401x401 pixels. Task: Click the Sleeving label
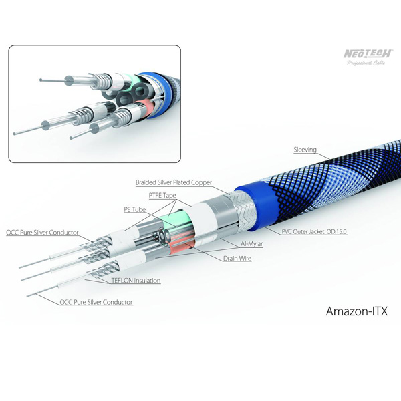pyautogui.click(x=305, y=150)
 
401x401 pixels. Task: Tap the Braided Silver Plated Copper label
pyautogui.click(x=174, y=182)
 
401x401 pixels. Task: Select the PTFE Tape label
pyautogui.click(x=162, y=196)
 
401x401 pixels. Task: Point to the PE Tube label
pyautogui.click(x=134, y=209)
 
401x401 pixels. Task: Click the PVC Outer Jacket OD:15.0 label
pyautogui.click(x=314, y=232)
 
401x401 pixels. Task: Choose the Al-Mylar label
pyautogui.click(x=252, y=244)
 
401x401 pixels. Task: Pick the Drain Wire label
pyautogui.click(x=237, y=258)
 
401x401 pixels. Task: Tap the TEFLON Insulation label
pyautogui.click(x=136, y=281)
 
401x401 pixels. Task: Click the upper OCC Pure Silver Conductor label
pyautogui.click(x=42, y=233)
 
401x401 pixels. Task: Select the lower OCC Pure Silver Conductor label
pyautogui.click(x=96, y=302)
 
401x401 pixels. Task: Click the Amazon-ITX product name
pyautogui.click(x=357, y=311)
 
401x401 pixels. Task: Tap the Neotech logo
pyautogui.click(x=368, y=53)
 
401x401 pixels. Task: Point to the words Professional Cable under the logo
pyautogui.click(x=366, y=63)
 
